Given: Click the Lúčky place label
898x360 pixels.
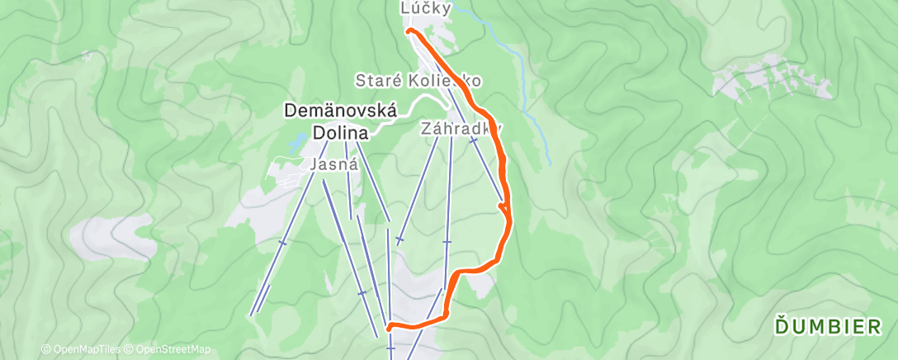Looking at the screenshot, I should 426,9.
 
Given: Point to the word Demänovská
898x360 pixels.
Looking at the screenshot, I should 341,110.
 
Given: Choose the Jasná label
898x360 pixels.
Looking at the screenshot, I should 333,165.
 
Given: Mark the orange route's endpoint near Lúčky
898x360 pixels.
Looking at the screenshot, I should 409,31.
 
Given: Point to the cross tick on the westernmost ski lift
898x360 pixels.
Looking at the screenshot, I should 282,243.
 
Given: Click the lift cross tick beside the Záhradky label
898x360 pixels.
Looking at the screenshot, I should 474,141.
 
